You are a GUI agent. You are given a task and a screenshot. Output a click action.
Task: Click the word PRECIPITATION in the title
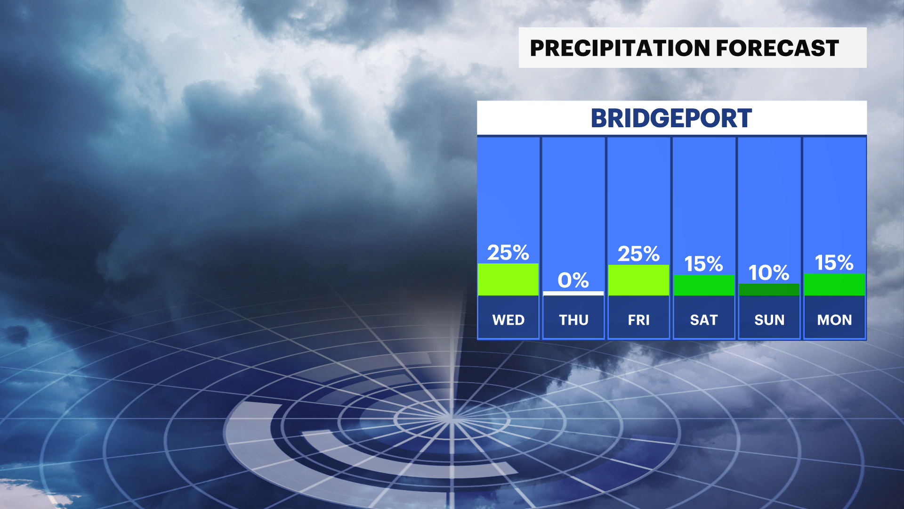click(x=620, y=48)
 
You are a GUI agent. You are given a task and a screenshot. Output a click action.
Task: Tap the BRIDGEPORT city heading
click(x=671, y=118)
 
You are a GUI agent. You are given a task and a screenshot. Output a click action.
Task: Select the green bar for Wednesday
click(x=508, y=279)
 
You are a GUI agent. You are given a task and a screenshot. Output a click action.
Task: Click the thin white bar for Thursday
click(x=573, y=293)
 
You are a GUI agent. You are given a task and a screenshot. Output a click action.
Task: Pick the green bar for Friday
click(x=638, y=280)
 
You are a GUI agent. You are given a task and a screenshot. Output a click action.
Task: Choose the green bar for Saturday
click(x=704, y=285)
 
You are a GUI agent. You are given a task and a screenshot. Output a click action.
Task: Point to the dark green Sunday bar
click(x=769, y=289)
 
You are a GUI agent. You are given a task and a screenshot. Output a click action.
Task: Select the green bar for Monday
click(x=834, y=285)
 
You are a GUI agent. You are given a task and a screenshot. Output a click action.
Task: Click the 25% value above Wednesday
click(x=508, y=253)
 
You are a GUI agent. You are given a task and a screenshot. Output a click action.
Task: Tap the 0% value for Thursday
click(x=573, y=280)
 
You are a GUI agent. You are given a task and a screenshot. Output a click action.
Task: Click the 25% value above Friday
click(x=638, y=254)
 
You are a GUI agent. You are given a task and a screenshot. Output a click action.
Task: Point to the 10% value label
click(x=769, y=273)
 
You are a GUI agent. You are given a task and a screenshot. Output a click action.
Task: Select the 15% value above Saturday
click(x=703, y=264)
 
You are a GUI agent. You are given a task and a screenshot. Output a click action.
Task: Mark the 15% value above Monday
click(x=834, y=263)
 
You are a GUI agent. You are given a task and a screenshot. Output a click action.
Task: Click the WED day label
click(x=508, y=320)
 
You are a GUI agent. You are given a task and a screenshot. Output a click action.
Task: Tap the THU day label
click(x=573, y=320)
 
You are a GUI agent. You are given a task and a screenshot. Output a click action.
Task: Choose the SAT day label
click(x=704, y=320)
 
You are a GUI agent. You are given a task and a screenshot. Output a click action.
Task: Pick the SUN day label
click(x=769, y=320)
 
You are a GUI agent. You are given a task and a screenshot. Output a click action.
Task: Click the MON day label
click(x=834, y=320)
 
